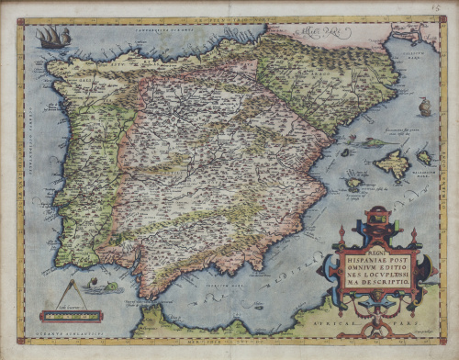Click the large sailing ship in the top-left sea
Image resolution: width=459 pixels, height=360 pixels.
(x=52, y=37)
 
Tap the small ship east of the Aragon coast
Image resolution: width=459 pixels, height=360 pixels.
(x=424, y=107)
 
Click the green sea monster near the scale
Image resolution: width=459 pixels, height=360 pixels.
(x=108, y=287)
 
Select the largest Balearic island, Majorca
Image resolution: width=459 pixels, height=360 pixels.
(x=392, y=165)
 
